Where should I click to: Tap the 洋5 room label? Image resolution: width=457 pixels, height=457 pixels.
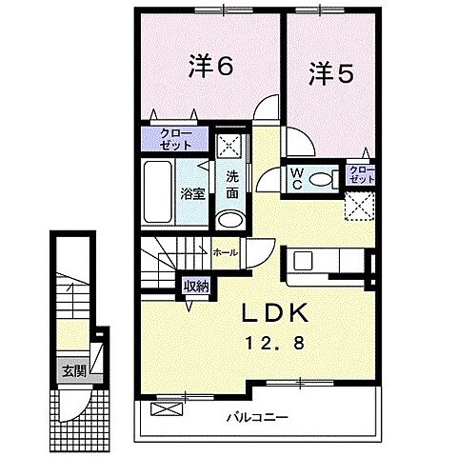[x=328, y=73]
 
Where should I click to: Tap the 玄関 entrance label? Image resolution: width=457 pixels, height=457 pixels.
[x=73, y=369]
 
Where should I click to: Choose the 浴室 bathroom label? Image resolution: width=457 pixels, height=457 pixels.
[x=193, y=194]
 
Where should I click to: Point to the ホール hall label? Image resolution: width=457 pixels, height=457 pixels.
[x=226, y=253]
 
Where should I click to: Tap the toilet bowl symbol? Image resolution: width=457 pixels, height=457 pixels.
[x=323, y=178]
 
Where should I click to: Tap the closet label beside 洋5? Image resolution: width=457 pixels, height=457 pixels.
[x=362, y=175]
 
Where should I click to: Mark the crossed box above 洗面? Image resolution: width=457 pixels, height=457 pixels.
[x=229, y=146]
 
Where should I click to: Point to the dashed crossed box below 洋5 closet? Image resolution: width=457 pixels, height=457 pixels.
[x=360, y=205]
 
